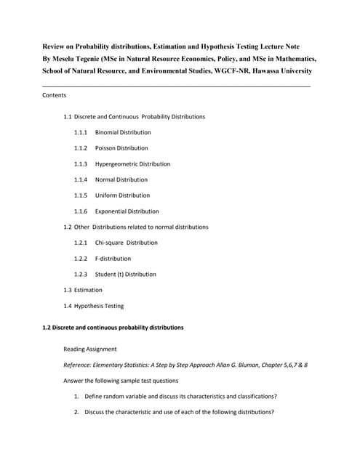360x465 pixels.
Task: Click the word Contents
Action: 55,95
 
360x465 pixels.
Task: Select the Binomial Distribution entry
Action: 123,132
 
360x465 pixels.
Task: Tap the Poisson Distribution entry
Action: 121,148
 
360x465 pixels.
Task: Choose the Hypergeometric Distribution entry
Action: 132,164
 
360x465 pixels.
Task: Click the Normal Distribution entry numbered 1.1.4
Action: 121,179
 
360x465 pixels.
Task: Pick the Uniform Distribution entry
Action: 122,195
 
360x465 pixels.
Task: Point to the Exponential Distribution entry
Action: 127,211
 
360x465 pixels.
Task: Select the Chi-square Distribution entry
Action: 126,243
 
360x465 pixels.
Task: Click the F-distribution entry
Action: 113,259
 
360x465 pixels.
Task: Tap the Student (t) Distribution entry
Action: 125,275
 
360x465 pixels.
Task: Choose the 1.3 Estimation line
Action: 83,290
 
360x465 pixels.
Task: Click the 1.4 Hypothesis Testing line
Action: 94,306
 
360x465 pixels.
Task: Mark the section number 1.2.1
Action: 81,243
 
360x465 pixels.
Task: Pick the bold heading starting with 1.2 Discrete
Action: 113,328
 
